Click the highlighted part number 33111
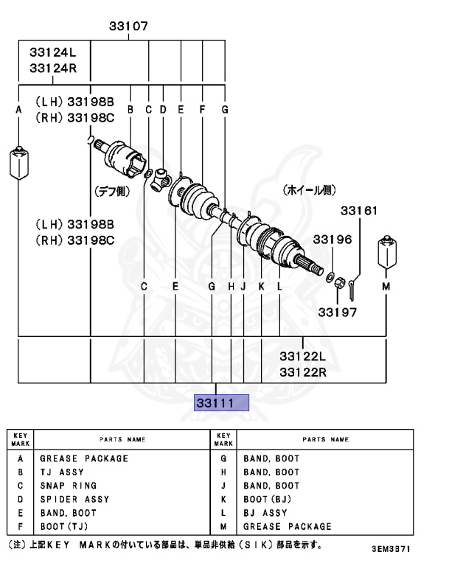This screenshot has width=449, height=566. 222,403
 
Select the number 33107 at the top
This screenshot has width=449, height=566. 128,26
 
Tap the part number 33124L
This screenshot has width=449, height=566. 53,53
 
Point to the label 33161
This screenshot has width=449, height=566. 359,211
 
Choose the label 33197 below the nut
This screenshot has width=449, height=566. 338,312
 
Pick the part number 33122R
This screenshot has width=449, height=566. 302,371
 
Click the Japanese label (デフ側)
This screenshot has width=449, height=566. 111,190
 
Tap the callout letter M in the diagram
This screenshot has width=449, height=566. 386,286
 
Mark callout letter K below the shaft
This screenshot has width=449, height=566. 261,286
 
